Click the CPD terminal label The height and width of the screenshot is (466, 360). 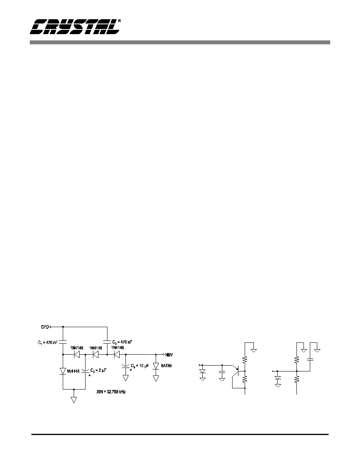coord(45,327)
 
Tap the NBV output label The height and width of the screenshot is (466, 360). coord(169,355)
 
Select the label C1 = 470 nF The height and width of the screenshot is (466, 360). coord(47,342)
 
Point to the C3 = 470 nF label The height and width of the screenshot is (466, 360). coord(122,342)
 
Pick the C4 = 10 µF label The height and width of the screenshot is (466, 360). coord(140,366)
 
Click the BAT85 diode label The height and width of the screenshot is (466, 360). coord(166,366)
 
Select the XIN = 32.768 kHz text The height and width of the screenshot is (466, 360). coord(111,392)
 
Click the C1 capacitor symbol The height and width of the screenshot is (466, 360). coord(63,342)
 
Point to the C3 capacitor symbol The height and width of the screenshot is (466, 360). coord(107,342)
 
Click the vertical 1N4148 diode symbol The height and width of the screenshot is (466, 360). coord(63,371)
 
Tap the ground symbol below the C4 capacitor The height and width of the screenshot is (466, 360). coord(125,378)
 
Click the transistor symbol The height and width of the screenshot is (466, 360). coord(238,370)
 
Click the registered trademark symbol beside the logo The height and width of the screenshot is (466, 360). coord(119,21)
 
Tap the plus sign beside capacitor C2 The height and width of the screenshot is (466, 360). coord(89,375)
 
